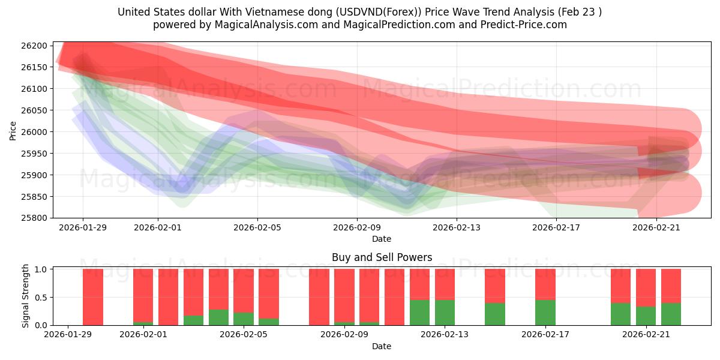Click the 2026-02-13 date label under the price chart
coord(457,227)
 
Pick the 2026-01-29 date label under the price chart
coord(83,227)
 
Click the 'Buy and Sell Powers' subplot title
coord(382,257)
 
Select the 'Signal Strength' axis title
coord(26,296)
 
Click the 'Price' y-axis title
coord(13,130)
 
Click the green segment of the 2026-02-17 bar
coord(545,313)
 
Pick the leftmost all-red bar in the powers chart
coord(93,297)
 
